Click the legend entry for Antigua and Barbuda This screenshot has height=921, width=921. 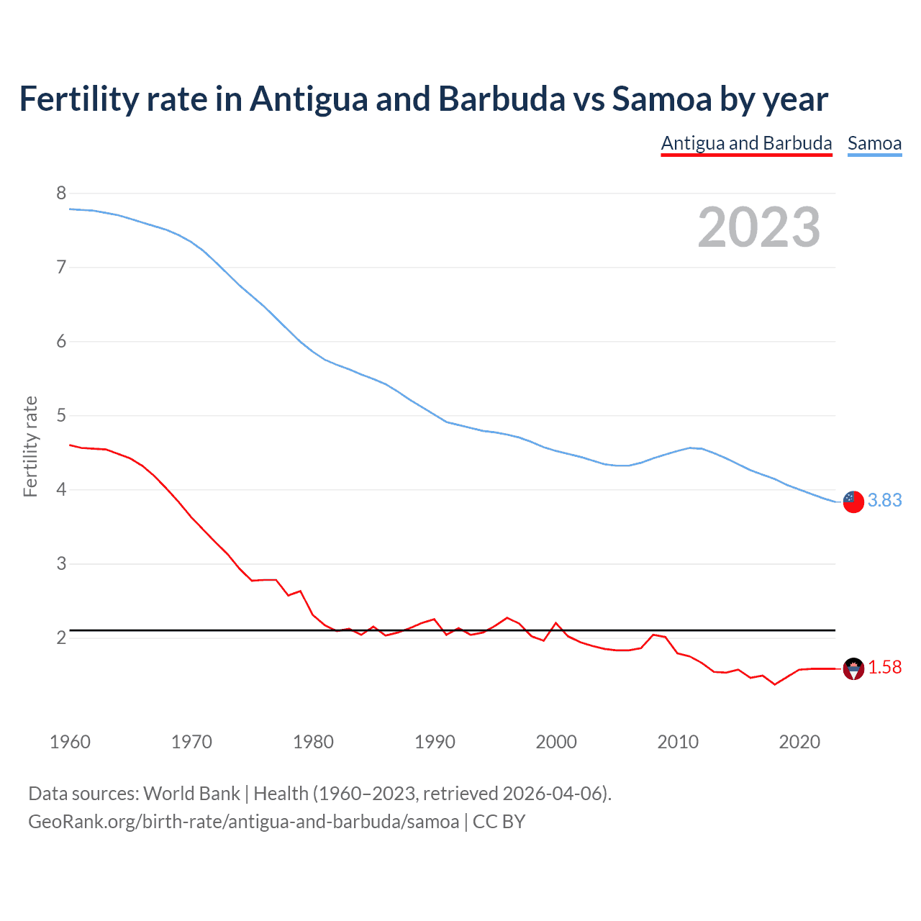(x=746, y=143)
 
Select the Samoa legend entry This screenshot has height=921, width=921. (x=874, y=143)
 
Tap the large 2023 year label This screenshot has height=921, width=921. (x=758, y=227)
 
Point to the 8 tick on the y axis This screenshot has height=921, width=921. (x=61, y=193)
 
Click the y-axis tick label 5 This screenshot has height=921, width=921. (x=61, y=415)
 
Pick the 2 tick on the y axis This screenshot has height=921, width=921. (x=61, y=638)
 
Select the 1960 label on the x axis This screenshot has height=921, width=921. (x=70, y=742)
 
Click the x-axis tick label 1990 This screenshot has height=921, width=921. (x=435, y=742)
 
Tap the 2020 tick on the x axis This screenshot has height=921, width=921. (x=799, y=742)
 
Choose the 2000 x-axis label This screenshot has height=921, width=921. (x=556, y=742)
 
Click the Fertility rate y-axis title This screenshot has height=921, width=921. (x=30, y=446)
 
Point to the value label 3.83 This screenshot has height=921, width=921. (x=884, y=500)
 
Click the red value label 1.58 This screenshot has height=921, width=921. (x=884, y=668)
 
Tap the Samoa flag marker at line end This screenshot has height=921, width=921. (x=853, y=502)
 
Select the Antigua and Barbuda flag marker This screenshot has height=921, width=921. (x=853, y=669)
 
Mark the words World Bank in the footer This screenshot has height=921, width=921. (x=191, y=793)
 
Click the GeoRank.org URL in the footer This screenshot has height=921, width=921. (x=243, y=821)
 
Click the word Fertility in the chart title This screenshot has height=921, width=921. (x=78, y=99)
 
